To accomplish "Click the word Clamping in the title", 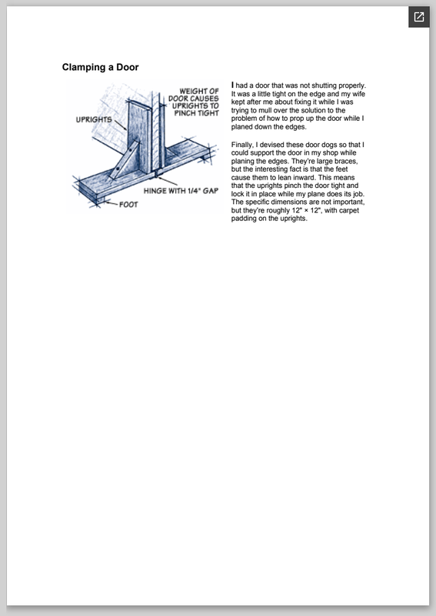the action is click(84, 68).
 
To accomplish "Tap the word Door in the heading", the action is click(128, 67).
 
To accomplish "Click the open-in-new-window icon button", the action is click(419, 17).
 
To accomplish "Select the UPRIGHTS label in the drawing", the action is click(94, 119).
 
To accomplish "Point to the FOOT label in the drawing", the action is click(128, 204).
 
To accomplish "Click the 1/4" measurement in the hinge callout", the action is click(193, 190).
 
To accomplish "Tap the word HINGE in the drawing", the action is click(155, 191).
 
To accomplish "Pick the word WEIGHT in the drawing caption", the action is click(194, 91).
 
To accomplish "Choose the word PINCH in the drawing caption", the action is click(184, 113).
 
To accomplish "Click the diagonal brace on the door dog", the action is click(124, 160).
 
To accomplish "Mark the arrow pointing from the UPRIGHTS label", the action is click(120, 126).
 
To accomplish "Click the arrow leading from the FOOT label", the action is click(110, 203).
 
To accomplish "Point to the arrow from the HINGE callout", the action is click(168, 181).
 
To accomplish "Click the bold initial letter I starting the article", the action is click(233, 85).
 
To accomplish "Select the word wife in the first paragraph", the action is click(358, 94).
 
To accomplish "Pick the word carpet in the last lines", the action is click(349, 210).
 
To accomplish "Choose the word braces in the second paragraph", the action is click(346, 161).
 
